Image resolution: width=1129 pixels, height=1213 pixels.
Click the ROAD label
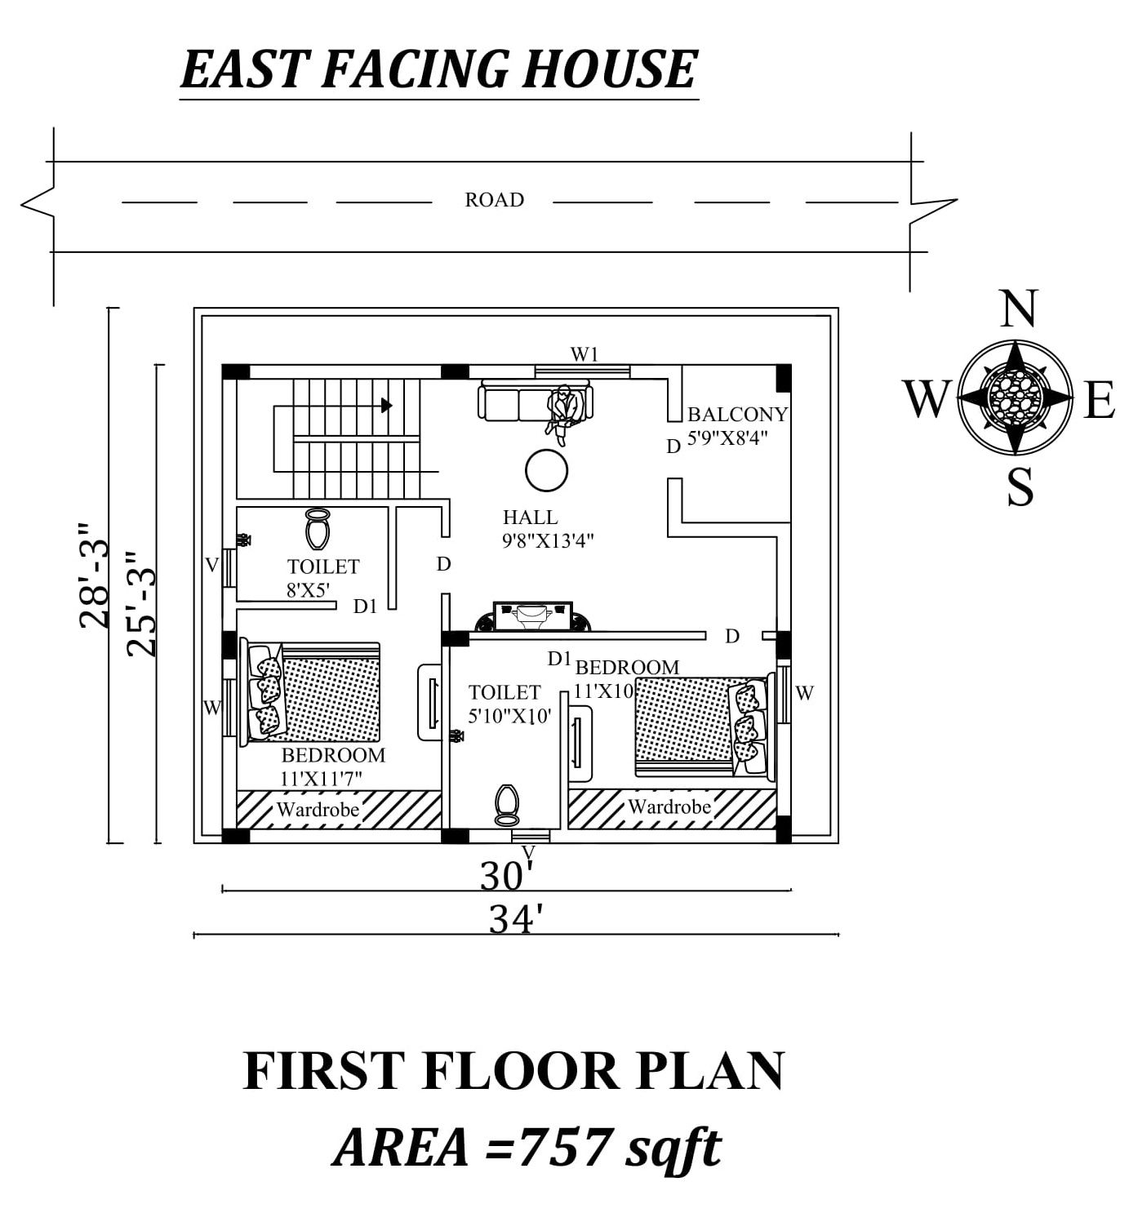click(494, 200)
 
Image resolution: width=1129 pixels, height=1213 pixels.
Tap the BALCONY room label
click(737, 415)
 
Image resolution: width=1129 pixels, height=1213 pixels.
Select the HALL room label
click(531, 518)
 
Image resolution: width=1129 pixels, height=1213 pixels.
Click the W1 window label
click(585, 354)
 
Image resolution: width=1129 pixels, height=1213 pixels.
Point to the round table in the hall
click(546, 470)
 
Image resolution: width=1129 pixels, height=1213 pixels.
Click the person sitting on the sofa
click(563, 412)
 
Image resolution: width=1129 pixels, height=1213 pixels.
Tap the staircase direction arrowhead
click(386, 405)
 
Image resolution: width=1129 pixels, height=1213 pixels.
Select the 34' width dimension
click(516, 920)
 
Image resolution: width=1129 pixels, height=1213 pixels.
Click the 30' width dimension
click(506, 877)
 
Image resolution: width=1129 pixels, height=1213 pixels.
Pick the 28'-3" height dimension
click(94, 575)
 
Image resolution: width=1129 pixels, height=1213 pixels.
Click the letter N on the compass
click(1017, 309)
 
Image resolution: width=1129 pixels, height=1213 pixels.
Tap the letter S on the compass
click(1020, 487)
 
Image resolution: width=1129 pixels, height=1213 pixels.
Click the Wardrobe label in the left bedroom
click(318, 810)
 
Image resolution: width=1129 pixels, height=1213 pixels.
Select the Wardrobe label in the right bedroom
click(669, 807)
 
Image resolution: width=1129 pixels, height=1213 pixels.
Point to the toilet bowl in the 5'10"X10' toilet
click(507, 805)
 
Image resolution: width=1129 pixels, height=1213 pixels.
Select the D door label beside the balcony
click(673, 447)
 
